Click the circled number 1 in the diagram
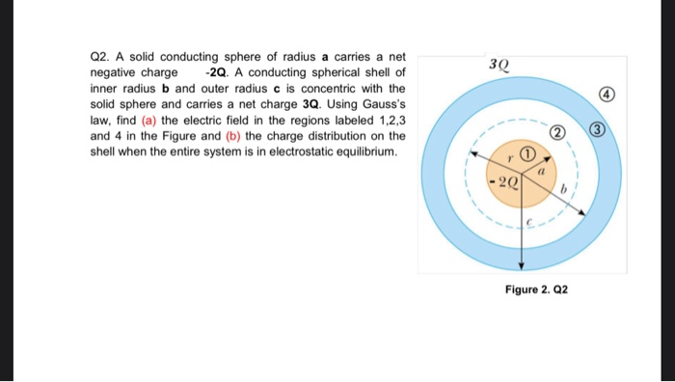[x=526, y=153]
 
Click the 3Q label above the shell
[x=499, y=66]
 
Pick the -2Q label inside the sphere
[x=505, y=181]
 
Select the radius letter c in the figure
[x=527, y=221]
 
